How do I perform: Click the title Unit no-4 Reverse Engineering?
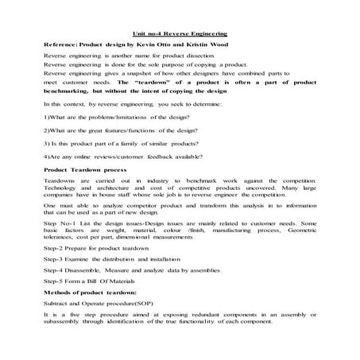click(x=180, y=34)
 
